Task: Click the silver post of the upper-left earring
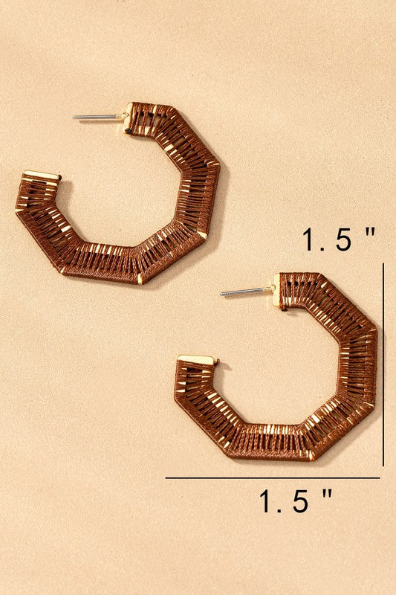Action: tap(100, 117)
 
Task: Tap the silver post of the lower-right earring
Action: tap(247, 291)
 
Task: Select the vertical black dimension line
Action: tap(383, 364)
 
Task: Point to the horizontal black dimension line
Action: tap(273, 478)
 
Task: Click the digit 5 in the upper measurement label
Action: tap(343, 239)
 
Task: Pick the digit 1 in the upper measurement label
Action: tap(311, 239)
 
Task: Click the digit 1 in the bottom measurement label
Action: tap(267, 501)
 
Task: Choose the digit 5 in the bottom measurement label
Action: tap(300, 501)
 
